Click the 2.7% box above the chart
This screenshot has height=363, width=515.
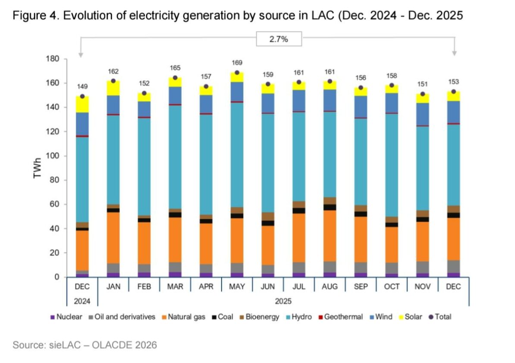(279, 39)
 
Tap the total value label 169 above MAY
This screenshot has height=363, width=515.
(237, 63)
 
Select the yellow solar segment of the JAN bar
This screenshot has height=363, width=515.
(113, 88)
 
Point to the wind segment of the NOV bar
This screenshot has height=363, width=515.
(423, 114)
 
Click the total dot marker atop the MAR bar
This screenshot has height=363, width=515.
(175, 78)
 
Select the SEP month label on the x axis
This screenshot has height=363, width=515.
(361, 287)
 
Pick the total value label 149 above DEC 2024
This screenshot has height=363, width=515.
(82, 87)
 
